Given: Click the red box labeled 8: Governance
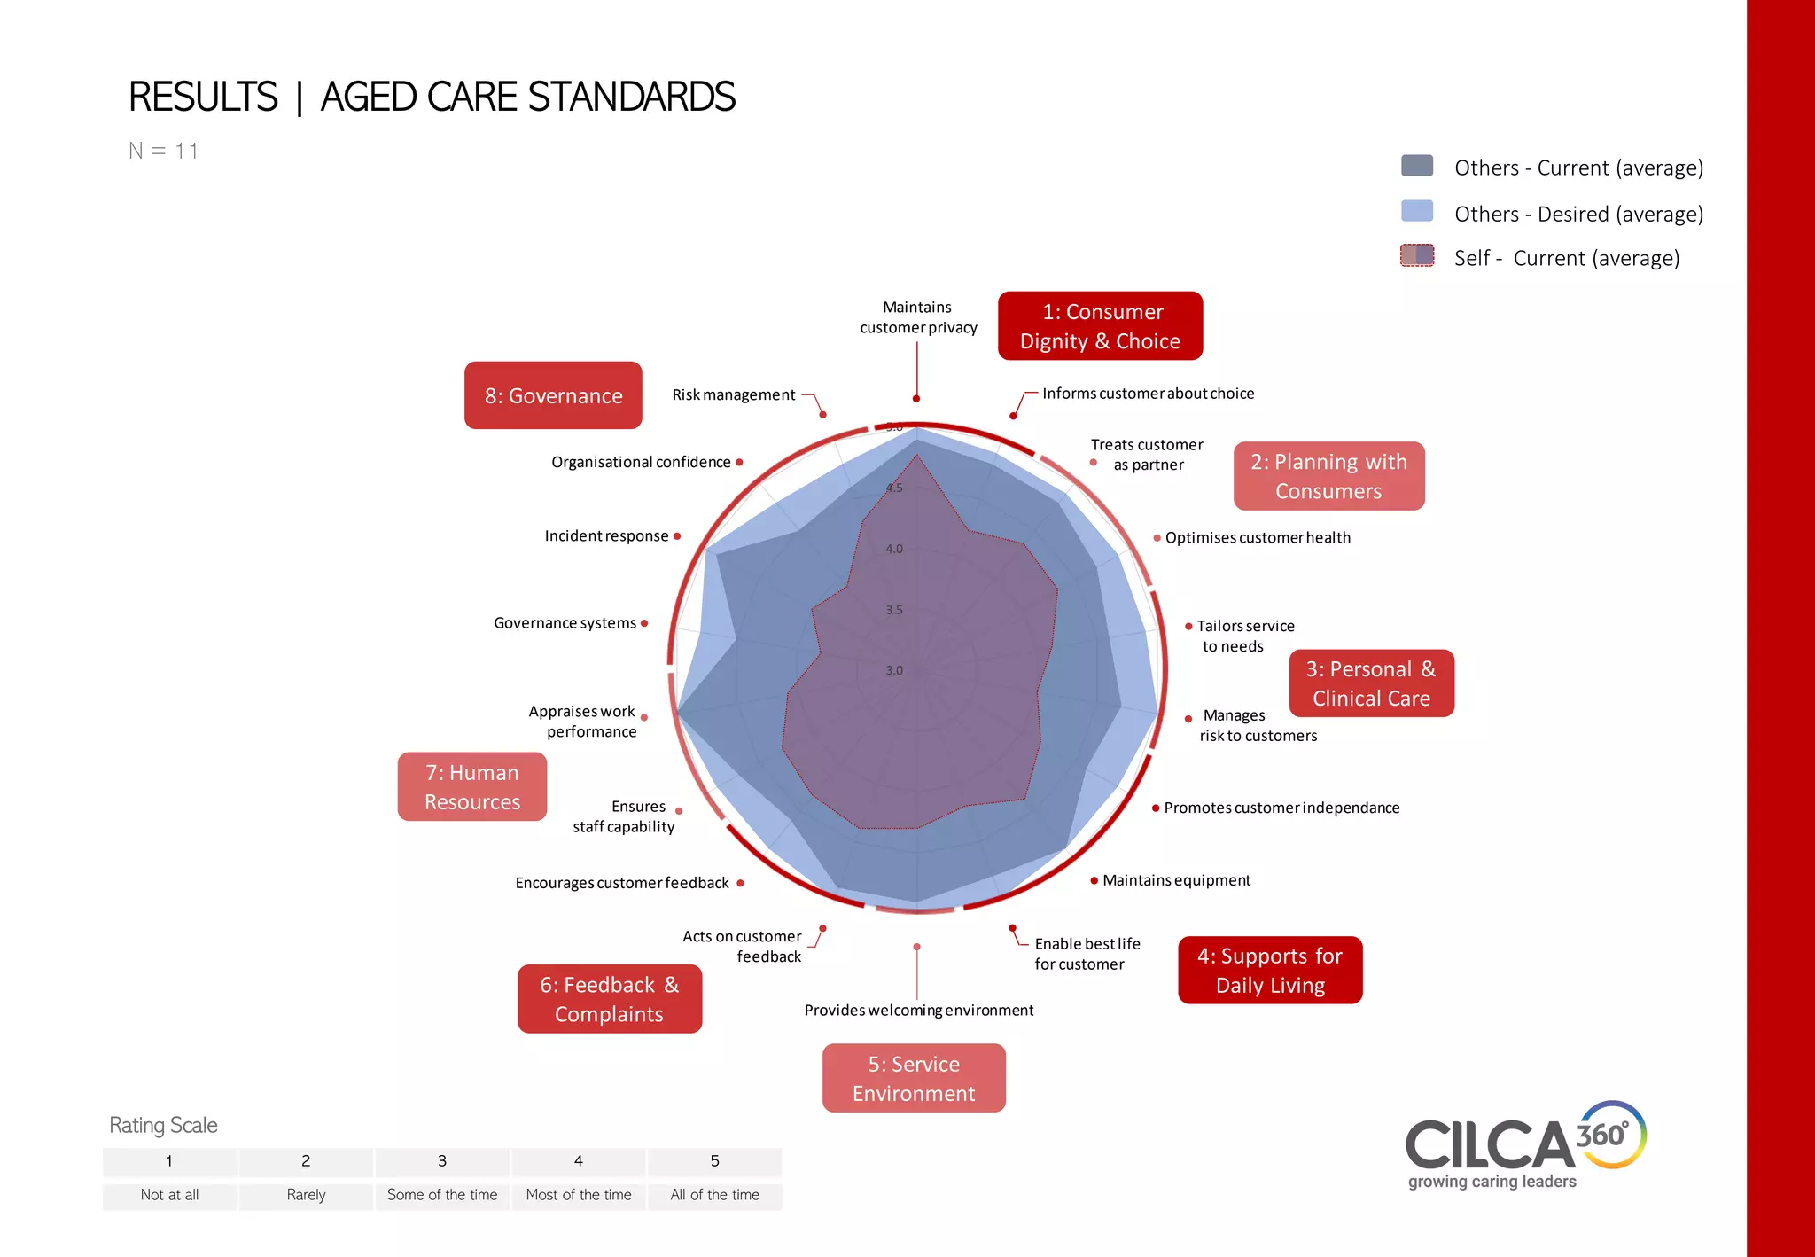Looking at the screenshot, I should coord(553,395).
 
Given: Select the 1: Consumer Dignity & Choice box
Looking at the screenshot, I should coord(1100,326).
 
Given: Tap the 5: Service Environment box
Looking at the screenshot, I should coord(914,1078).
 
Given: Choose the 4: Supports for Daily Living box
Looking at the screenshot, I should coord(1270,971).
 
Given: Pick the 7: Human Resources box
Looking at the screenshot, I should coord(472,787).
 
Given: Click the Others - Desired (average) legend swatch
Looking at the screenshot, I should coord(1416,211).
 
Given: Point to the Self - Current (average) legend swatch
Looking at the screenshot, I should coord(1416,255).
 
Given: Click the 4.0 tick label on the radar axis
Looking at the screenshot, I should coord(894,549).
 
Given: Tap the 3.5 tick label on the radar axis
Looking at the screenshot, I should coord(894,610).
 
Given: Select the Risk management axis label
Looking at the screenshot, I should coord(733,394).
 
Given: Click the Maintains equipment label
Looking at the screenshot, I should coord(1176,880).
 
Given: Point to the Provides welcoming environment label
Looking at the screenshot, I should coord(918,1011).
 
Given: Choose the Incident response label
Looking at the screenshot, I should coord(606,536).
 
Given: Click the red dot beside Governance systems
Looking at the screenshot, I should coord(644,623).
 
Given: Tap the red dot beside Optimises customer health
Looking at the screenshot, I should coord(1157,538).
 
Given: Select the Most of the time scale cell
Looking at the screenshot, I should coord(579,1195).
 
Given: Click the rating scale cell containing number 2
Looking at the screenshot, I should coord(306,1161).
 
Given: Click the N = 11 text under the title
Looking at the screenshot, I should coord(163,151).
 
